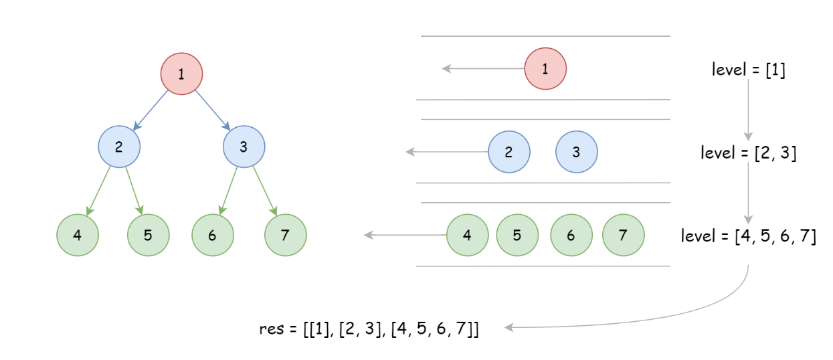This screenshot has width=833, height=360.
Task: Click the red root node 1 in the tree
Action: point(181,73)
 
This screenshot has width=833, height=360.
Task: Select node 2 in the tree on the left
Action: point(119,147)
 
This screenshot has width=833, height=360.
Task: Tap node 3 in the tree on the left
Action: point(244,147)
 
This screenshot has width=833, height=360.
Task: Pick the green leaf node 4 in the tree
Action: point(78,235)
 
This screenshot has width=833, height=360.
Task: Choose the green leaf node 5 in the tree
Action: point(148,235)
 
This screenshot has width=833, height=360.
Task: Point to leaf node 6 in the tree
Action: point(212,235)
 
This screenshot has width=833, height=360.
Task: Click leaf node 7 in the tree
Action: point(285,235)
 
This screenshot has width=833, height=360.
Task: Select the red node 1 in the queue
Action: point(545,68)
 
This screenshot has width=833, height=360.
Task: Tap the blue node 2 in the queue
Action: point(508,152)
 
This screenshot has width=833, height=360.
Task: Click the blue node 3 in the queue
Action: point(576,152)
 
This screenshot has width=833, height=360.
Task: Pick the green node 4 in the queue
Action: point(467,235)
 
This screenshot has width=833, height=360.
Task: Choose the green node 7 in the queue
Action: point(623,235)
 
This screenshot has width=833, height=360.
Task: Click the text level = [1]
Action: point(748,69)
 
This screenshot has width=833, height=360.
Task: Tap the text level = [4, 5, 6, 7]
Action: point(748,236)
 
